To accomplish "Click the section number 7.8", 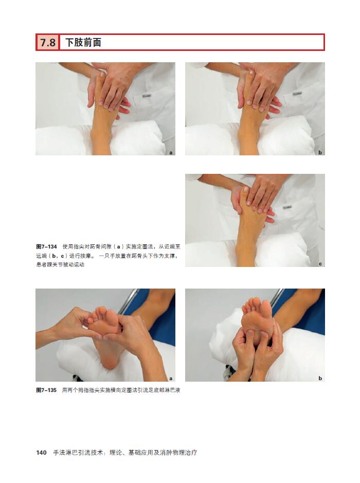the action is point(48,43).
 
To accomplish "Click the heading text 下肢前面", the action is point(83,43).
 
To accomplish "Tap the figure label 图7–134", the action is point(46,247).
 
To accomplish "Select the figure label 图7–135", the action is point(46,390).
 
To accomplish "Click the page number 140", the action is point(41,453).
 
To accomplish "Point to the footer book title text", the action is point(125,453).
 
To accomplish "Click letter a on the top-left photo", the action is point(171,152).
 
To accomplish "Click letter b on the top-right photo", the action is point(320,152).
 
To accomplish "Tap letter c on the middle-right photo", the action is point(320,264).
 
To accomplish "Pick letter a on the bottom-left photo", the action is point(171,379).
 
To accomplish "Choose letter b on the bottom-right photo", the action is point(320,378).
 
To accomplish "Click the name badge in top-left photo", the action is point(146,96).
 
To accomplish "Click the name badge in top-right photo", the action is point(297,93).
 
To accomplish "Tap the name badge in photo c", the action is point(287,207).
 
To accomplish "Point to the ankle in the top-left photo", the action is point(100,135).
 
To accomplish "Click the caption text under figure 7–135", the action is point(121,390).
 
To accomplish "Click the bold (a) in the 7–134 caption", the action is point(118,247).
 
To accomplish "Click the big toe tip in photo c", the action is point(245,189).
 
